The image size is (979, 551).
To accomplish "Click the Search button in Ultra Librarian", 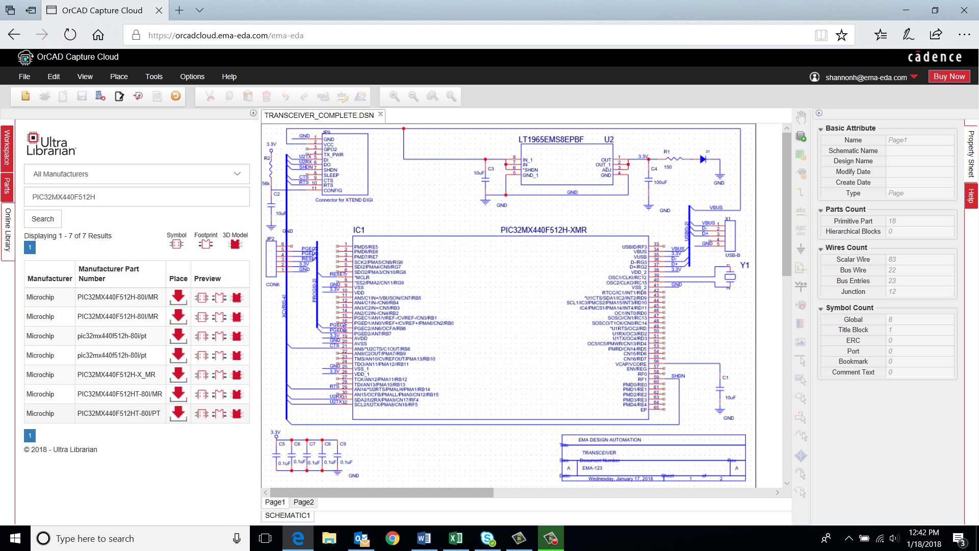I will (x=43, y=219).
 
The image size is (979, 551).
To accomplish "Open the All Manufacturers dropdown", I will (x=137, y=174).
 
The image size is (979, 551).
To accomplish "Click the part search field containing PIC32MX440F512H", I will (x=137, y=197).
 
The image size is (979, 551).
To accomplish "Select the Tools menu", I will (x=153, y=77).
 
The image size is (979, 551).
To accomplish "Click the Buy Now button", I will (x=949, y=77).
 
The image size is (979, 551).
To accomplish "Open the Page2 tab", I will (x=303, y=502).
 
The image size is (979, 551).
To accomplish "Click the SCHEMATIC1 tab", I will (x=287, y=515).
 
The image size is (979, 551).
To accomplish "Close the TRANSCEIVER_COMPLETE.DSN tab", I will (x=380, y=114).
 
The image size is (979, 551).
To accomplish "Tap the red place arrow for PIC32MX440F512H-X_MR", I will (x=178, y=374).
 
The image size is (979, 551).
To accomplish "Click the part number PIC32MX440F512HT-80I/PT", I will (x=119, y=413).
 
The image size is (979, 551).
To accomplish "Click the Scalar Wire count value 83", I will (x=892, y=259).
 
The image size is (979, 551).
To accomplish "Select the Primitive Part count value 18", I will (x=892, y=221).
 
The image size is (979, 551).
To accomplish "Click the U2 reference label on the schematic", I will (x=609, y=139).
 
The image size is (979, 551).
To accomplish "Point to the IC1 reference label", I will (x=359, y=230).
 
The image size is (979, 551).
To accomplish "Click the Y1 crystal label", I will (x=744, y=265).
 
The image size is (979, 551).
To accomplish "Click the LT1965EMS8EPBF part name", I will (x=551, y=139).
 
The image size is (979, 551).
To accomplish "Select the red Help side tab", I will (x=971, y=196).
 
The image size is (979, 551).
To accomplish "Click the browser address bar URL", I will (x=226, y=35).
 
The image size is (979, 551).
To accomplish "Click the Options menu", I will (x=192, y=77).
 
